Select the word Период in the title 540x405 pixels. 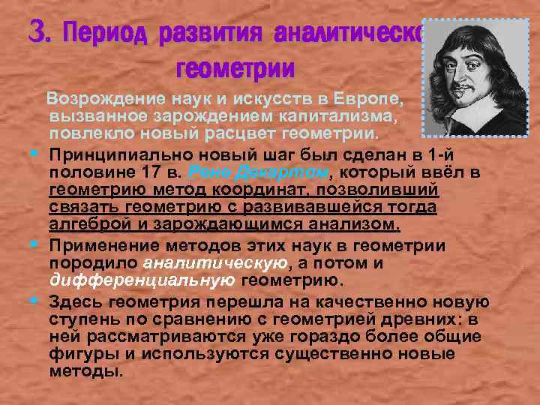(108, 33)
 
